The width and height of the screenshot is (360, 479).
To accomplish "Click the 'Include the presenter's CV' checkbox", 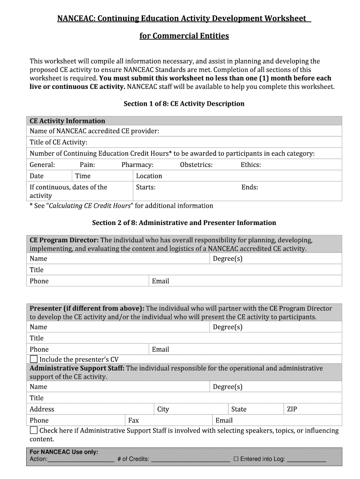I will tap(34, 359).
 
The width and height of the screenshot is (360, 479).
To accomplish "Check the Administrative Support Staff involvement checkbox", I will tap(34, 430).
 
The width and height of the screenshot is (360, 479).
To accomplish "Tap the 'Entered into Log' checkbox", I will tap(236, 459).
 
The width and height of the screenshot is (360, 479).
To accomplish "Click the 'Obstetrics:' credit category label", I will tap(196, 165).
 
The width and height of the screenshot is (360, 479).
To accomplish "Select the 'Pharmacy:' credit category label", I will tap(137, 165).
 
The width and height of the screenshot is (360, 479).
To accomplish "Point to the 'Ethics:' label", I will tap(251, 165).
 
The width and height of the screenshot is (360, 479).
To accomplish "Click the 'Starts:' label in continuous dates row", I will tap(145, 187).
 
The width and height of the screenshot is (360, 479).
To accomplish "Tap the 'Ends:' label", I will tap(250, 187).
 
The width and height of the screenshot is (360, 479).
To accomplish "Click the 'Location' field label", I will tap(149, 176).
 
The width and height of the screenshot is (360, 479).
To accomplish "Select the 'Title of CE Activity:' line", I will tap(58, 142).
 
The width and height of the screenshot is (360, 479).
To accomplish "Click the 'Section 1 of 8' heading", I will tap(184, 103).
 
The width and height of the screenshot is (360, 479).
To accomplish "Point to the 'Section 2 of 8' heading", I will tap(184, 223).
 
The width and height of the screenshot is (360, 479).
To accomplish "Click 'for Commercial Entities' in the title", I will tap(184, 36).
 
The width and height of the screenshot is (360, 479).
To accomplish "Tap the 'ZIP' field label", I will tap(292, 409).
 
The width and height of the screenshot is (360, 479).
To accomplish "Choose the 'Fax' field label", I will tap(133, 421).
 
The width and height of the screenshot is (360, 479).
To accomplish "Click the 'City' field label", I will tap(163, 409).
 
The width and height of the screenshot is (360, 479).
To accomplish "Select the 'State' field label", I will tap(238, 409).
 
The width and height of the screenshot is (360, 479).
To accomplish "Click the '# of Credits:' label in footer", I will tap(133, 459).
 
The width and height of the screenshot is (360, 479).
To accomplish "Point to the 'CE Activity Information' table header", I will tap(67, 121).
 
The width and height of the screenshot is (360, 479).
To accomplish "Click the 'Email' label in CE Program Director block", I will tap(160, 281).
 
